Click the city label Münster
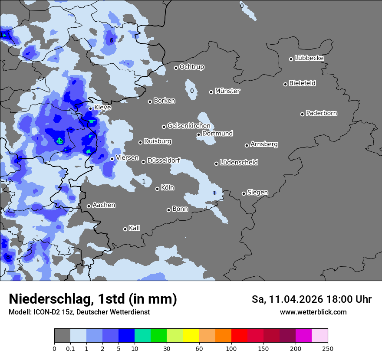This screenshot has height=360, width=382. (x=227, y=91)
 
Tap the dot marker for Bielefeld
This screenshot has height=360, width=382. (x=286, y=84)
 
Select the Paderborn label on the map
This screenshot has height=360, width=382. (x=321, y=113)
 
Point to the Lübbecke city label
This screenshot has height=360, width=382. (x=309, y=58)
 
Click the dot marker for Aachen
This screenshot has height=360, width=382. (x=89, y=206)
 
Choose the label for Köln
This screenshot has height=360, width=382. (x=167, y=188)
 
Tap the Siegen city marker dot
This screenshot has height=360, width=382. (x=244, y=193)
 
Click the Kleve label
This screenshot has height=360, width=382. (x=102, y=108)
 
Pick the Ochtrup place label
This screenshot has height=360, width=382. (x=191, y=67)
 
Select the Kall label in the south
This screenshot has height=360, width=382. (x=134, y=228)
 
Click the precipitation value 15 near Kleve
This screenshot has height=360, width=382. (x=60, y=141)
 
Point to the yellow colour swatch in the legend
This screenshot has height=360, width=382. (x=191, y=336)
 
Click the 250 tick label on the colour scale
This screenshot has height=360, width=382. (x=328, y=348)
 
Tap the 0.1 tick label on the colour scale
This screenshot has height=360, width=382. (x=70, y=348)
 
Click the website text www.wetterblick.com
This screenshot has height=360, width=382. (x=313, y=312)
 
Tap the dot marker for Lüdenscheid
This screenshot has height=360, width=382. (x=216, y=164)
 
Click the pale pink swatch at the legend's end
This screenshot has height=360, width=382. (x=320, y=336)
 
